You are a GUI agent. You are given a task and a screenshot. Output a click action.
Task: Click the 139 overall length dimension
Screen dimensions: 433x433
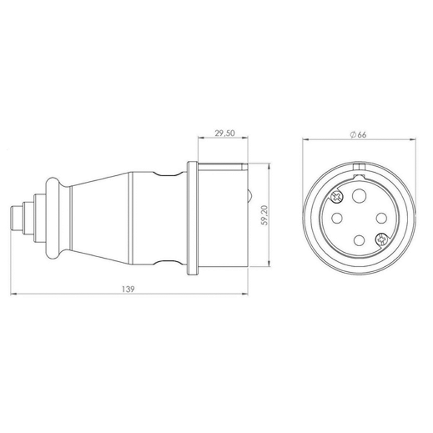pos(128,289)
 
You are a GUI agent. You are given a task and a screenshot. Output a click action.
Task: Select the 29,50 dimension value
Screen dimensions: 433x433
pos(225,133)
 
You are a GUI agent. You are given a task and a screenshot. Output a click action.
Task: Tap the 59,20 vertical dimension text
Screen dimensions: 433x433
pos(265,215)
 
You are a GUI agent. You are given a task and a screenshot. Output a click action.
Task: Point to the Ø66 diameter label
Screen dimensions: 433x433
pos(358,135)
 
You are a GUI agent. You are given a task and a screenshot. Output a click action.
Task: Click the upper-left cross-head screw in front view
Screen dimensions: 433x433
pos(337,197)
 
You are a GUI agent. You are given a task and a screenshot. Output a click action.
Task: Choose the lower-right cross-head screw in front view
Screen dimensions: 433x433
pos(382,239)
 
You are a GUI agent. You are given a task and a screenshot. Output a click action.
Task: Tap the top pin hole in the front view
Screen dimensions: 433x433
pos(359,195)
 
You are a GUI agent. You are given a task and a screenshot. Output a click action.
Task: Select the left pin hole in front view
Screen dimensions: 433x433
pos(336,218)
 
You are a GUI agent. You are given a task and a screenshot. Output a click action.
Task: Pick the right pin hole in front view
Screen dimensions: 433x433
pos(382,218)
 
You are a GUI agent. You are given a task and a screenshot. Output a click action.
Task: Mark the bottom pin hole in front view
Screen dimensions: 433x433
pos(359,240)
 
